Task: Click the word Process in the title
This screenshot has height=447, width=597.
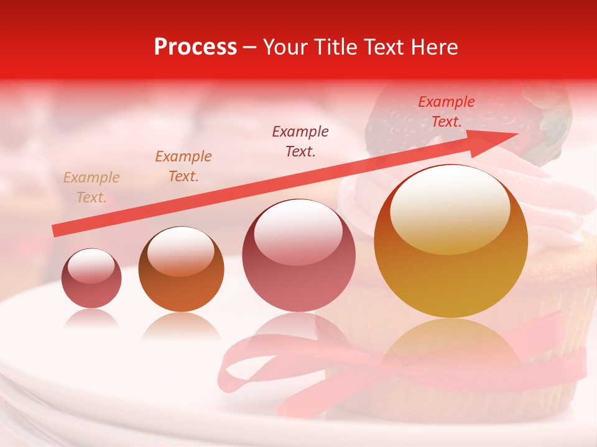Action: pos(195,47)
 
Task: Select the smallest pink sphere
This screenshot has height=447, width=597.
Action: pos(91,279)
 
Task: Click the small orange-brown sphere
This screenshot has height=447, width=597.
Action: pos(181,269)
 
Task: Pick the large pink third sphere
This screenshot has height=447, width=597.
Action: pos(299,255)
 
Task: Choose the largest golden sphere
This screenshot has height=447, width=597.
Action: pos(451,242)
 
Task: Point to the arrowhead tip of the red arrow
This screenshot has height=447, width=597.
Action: pos(517,133)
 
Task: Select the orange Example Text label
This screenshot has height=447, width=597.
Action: pos(183,166)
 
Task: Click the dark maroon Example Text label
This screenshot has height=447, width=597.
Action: pos(300,141)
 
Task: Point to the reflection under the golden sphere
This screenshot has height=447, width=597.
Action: pos(451,341)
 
